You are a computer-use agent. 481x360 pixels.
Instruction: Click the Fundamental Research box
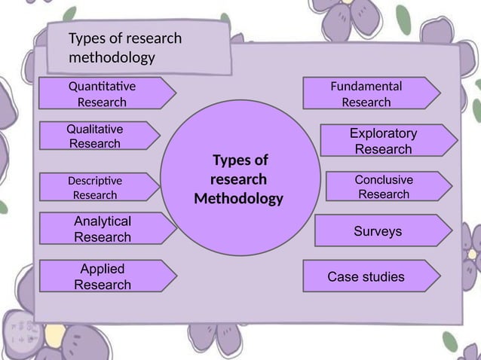click(x=369, y=93)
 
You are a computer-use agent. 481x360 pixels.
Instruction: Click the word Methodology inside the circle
click(x=239, y=200)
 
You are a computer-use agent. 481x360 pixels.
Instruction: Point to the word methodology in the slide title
click(x=112, y=58)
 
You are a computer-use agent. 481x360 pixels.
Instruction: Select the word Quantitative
click(x=103, y=85)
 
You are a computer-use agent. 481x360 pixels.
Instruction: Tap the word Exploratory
click(x=383, y=133)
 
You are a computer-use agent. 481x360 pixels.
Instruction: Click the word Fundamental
click(x=366, y=86)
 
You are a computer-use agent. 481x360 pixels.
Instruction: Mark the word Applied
click(x=103, y=269)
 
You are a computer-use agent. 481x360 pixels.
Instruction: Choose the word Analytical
click(x=103, y=221)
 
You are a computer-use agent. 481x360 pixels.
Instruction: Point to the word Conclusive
click(x=384, y=180)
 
